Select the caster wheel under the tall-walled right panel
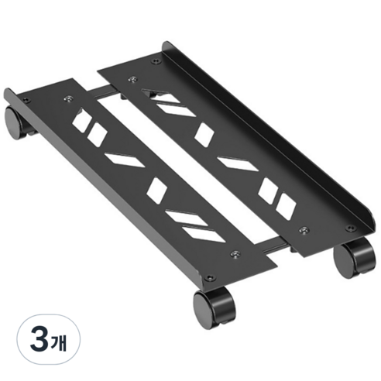(354, 259)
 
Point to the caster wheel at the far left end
(16, 122)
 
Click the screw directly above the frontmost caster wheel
(210, 277)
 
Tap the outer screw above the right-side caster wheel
(350, 228)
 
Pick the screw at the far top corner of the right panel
(156, 61)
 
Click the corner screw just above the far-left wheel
(26, 99)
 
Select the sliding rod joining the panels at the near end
(274, 245)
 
